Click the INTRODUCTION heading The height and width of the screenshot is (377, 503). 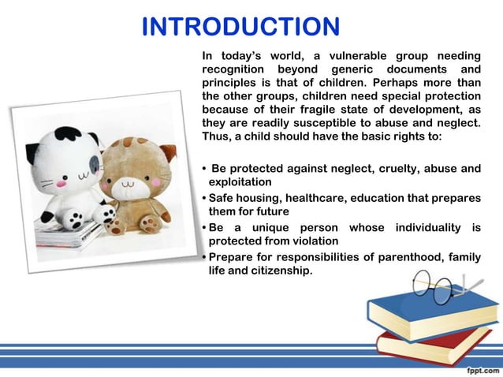coord(240,27)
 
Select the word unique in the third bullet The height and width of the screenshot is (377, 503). coord(273,227)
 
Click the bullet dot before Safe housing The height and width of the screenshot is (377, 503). coord(204,198)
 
